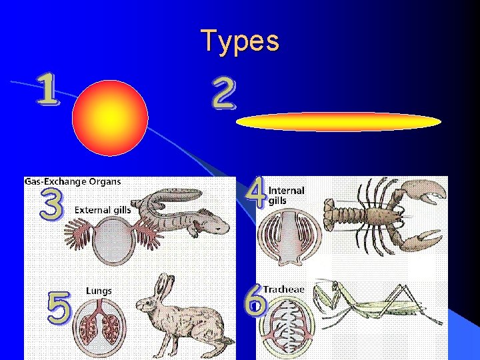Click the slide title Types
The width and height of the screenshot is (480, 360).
point(240,41)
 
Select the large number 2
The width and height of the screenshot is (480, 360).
point(223,94)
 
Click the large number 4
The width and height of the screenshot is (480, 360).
point(255,191)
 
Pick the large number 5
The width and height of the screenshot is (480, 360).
point(59,306)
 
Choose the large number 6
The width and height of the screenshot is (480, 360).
point(255,303)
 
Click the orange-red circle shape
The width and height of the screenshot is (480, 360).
point(110,119)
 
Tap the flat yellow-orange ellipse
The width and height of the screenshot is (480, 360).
point(339,122)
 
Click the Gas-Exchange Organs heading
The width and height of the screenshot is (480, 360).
point(73,181)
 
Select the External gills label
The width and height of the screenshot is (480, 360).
point(103,210)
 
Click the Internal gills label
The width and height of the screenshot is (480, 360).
point(286,195)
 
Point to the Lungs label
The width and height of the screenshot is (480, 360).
point(99,291)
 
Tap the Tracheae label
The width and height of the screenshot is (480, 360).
point(283,289)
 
